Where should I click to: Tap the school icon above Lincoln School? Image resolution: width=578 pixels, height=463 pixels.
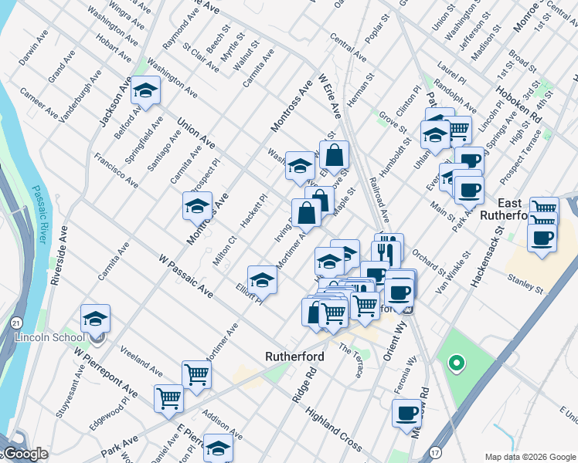(95, 318)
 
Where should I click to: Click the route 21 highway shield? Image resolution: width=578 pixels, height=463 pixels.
(16, 320)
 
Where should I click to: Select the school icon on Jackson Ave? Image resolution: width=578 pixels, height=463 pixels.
(145, 91)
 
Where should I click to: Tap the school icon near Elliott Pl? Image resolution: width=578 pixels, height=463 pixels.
(262, 279)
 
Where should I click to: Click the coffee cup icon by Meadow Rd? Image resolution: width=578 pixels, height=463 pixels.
(406, 414)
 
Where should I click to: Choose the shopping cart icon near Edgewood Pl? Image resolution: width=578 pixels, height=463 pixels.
(168, 398)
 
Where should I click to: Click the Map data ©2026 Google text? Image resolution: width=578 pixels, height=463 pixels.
(530, 456)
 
